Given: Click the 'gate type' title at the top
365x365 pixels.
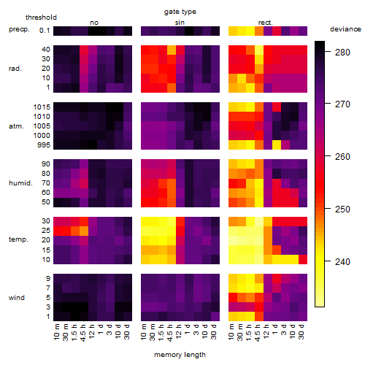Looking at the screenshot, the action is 180,12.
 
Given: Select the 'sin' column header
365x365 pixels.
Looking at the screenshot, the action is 180,23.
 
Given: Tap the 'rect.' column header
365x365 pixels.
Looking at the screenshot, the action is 266,23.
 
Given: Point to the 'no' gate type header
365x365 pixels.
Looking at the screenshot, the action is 94,23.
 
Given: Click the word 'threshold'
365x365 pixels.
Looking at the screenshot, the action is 41,18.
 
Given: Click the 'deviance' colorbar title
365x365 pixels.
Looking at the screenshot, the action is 345,29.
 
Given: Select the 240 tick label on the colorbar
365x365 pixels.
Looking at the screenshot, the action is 342,262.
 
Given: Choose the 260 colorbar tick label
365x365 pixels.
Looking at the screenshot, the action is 342,157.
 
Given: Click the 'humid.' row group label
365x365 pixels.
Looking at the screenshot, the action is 20,183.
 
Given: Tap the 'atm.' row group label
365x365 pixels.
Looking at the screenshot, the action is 16,126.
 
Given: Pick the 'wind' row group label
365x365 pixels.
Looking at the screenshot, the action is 17,298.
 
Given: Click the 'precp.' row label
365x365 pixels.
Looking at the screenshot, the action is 19,29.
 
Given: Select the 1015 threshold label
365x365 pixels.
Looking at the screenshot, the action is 42,107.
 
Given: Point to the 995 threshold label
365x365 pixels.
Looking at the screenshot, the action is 44,145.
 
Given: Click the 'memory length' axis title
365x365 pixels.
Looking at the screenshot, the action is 180,355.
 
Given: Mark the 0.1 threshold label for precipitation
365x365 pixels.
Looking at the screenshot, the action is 45,31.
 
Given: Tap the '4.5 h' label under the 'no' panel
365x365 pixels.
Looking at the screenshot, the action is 83,333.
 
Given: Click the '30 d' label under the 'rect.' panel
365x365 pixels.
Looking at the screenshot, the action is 301,331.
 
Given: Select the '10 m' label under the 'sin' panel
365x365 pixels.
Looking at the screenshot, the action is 144,332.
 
